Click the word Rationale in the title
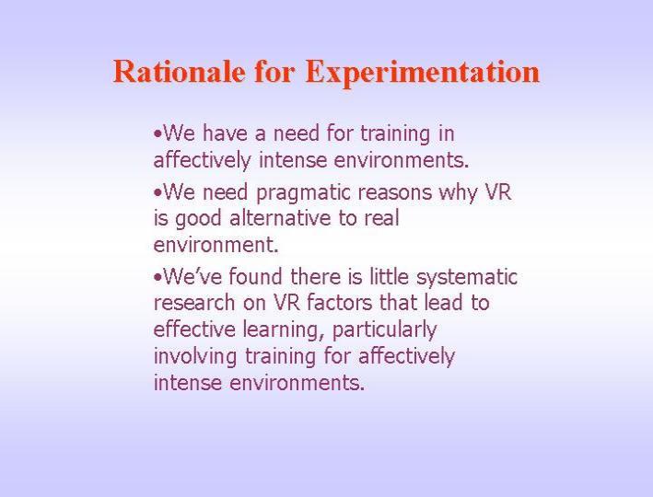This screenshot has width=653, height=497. pos(179,71)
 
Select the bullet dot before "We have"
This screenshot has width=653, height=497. pos(157,134)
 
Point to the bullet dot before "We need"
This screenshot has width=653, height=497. pos(157,193)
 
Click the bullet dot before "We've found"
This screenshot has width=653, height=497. pos(157,278)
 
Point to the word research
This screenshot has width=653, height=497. pos(194,303)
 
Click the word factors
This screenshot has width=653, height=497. pos(340,302)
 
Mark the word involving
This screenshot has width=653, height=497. pos(195,357)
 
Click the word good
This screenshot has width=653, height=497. pos(198,219)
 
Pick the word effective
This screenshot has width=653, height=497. pos(194,329)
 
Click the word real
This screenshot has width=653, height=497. pos(382,218)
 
